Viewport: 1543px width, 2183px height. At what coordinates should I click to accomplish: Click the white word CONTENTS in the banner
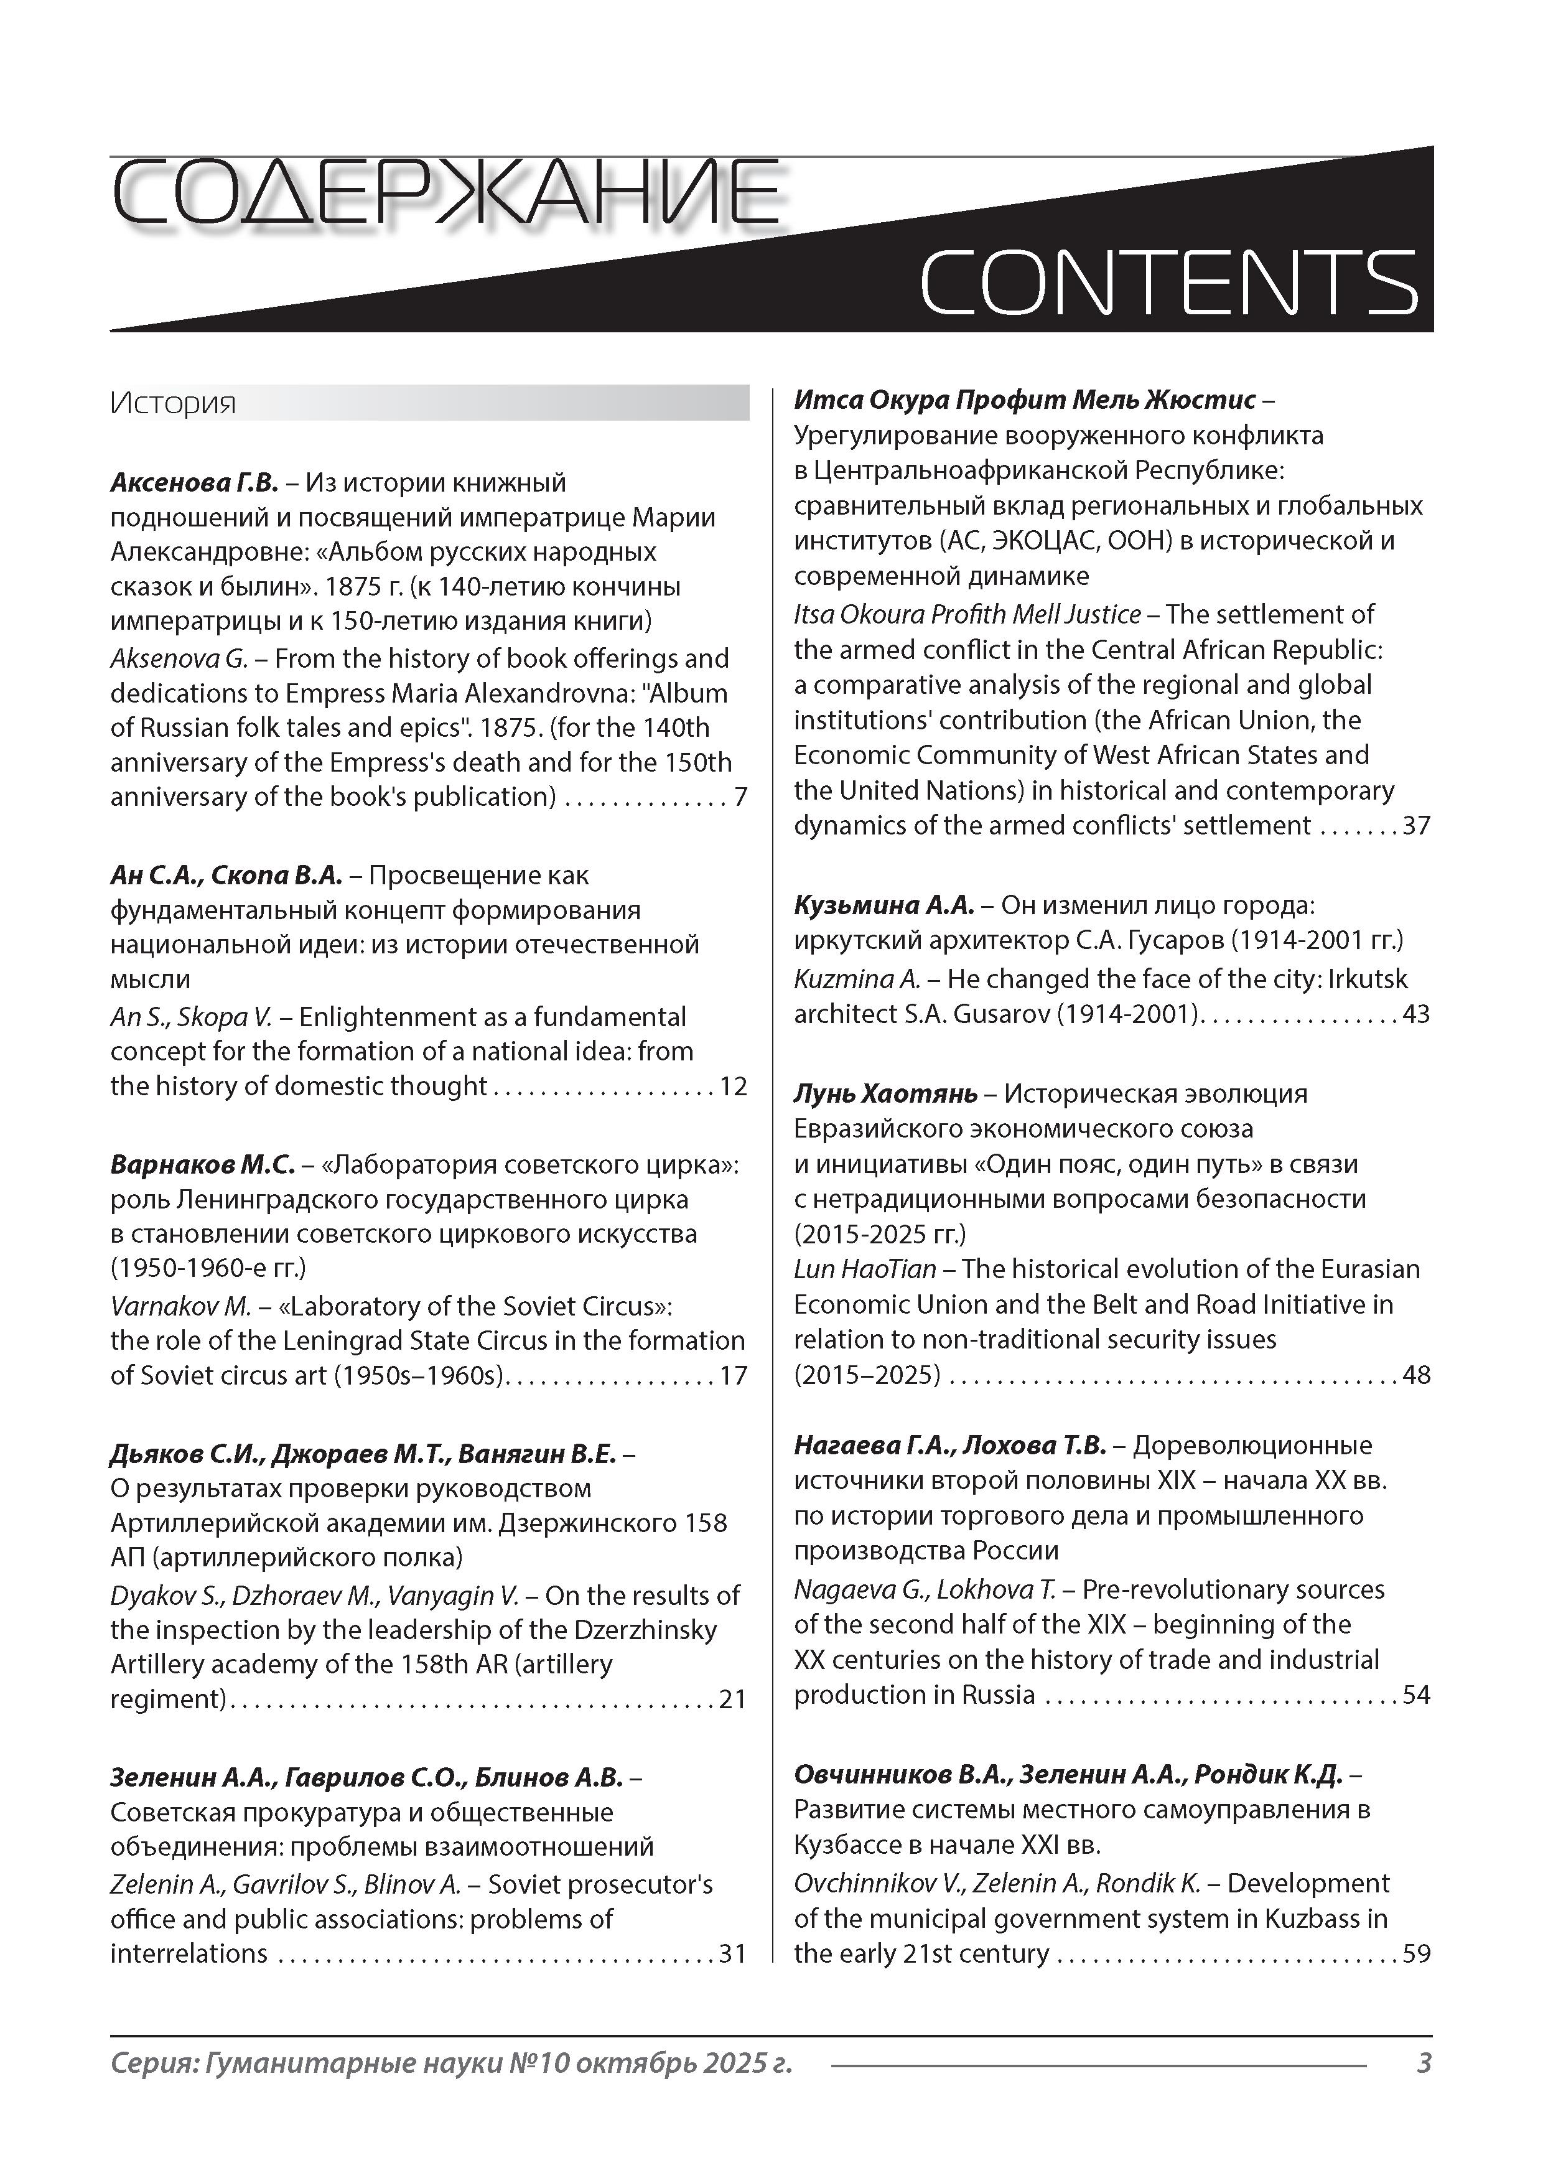(1167, 283)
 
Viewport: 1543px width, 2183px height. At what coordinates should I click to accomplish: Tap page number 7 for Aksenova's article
(740, 797)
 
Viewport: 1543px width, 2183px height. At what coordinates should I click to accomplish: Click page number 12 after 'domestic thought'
(733, 1086)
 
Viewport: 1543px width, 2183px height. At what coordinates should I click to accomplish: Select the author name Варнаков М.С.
(202, 1165)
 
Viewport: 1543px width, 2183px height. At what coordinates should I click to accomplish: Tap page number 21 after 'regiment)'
(732, 1699)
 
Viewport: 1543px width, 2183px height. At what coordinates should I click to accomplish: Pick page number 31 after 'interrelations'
(732, 1954)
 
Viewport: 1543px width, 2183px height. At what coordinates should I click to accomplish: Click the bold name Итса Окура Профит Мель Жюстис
(1025, 400)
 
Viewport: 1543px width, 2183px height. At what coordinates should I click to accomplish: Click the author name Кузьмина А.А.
(884, 904)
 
